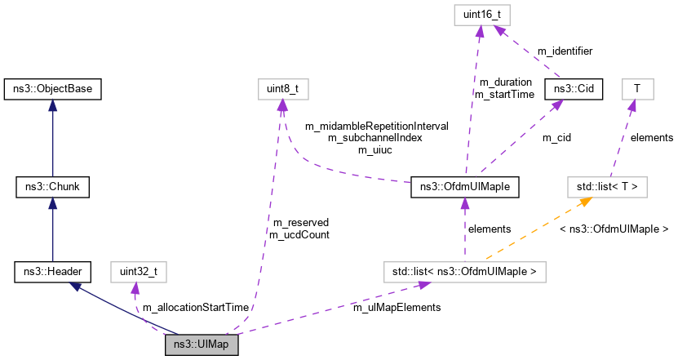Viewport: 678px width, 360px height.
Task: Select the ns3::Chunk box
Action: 52,188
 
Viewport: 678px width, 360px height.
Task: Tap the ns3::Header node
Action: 52,270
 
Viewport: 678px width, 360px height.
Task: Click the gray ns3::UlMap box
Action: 202,346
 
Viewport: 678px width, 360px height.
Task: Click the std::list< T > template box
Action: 606,188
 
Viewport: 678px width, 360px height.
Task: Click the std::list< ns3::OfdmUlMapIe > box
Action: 465,270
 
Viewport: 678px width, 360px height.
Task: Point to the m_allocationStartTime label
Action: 195,308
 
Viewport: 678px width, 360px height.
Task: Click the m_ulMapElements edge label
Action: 397,308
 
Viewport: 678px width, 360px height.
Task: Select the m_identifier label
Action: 564,51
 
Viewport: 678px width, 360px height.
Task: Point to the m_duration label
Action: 505,82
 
